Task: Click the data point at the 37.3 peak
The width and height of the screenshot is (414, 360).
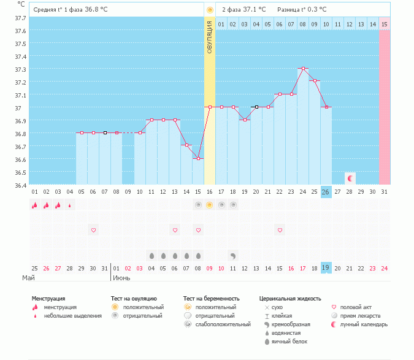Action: tap(303, 69)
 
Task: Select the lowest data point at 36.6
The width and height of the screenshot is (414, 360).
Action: tap(198, 159)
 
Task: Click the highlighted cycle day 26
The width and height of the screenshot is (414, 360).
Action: tap(326, 191)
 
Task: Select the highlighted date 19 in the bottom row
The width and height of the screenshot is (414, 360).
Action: tap(326, 268)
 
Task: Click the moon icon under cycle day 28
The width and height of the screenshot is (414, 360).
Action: tap(350, 178)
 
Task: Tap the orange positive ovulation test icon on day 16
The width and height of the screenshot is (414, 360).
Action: tap(210, 205)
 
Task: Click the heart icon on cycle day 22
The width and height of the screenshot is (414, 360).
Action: tap(280, 230)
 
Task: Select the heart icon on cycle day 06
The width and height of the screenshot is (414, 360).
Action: tap(94, 230)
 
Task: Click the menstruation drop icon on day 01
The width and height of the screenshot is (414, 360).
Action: tap(35, 205)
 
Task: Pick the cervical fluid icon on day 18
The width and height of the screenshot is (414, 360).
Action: tap(233, 255)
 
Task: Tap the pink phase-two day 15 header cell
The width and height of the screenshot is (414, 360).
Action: tap(385, 24)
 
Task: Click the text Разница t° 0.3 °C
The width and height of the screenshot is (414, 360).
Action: tap(302, 9)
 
